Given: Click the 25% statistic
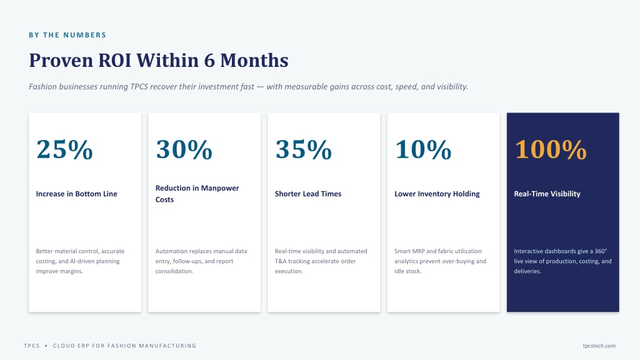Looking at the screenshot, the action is click(64, 149).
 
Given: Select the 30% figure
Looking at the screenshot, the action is click(184, 149).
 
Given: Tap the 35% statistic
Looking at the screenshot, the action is click(304, 149).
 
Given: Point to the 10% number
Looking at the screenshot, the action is click(423, 149).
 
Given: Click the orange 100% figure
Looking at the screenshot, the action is click(551, 149).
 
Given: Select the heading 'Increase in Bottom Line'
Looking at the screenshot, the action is click(76, 194).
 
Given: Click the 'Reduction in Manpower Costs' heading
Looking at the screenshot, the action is click(197, 194).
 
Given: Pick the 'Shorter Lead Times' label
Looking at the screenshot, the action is click(308, 194).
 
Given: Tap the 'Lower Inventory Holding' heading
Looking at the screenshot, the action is click(437, 194).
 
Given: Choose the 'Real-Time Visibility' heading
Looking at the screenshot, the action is click(547, 194).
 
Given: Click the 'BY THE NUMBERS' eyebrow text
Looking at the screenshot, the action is click(67, 35).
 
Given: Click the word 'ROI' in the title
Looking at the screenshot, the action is click(115, 61).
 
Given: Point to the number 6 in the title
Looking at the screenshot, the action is click(209, 61).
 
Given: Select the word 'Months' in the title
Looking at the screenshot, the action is click(254, 61).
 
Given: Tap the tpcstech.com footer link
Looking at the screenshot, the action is click(599, 346).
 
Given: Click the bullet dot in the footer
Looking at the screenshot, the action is click(46, 346).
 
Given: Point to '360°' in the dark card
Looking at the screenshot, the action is click(601, 251).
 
